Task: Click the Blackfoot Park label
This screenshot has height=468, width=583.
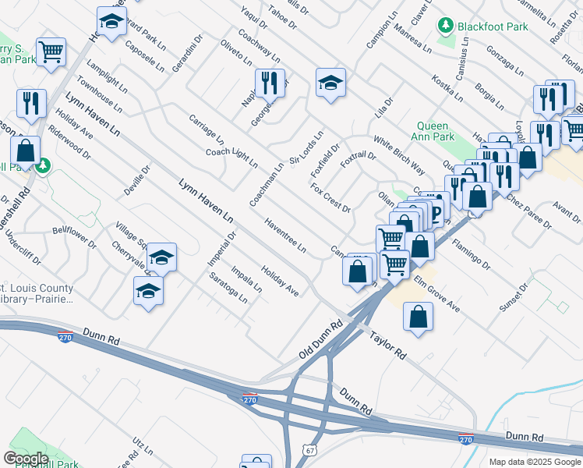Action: [x=493, y=27]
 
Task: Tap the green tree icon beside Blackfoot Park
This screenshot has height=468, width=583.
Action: [x=447, y=26]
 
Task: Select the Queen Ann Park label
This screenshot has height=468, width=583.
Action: [x=433, y=131]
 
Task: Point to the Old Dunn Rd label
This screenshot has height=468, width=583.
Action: [x=321, y=340]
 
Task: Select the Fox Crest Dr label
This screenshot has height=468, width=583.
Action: [x=330, y=199]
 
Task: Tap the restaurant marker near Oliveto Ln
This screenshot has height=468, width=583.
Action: [x=269, y=83]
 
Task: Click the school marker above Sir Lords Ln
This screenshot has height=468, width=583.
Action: [x=330, y=83]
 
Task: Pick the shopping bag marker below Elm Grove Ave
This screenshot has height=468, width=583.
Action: [x=419, y=317]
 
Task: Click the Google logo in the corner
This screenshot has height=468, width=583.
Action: [x=26, y=459]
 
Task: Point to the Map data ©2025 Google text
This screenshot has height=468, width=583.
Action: [x=534, y=462]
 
